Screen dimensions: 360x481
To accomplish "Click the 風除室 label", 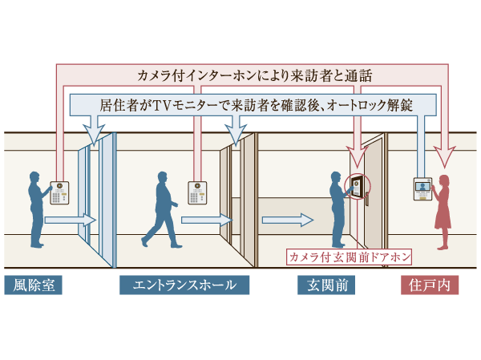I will [x=33, y=285].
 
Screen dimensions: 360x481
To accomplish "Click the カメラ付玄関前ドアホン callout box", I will [x=350, y=257].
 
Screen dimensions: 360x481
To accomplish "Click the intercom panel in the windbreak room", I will [x=61, y=190].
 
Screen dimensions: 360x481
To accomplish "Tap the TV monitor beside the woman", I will [x=422, y=189].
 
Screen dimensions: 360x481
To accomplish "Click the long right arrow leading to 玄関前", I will [x=285, y=219].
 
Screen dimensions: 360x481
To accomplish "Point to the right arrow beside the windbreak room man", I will [x=69, y=220].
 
